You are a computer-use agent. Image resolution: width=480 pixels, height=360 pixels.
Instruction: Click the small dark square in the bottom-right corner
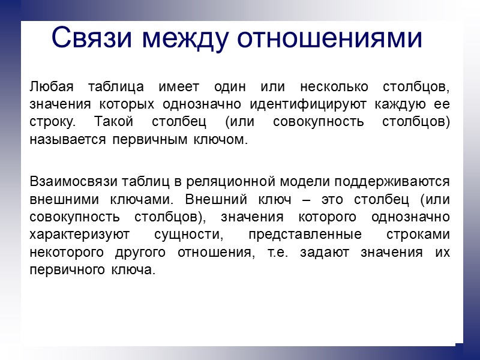pyautogui.click(x=459, y=347)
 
